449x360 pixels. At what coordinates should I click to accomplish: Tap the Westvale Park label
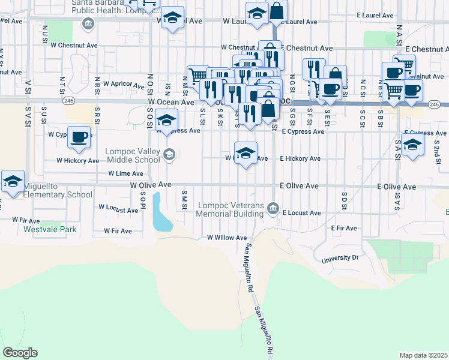[50, 229]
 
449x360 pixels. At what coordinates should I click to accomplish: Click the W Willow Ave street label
[227, 238]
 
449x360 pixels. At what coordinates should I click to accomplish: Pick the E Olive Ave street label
[298, 187]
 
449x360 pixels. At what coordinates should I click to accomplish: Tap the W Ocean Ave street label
[171, 103]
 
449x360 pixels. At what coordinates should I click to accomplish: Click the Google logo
[20, 352]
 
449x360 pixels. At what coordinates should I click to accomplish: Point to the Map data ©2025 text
[423, 355]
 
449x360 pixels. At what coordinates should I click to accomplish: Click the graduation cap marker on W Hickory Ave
[246, 154]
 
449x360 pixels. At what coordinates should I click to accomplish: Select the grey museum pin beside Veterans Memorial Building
[274, 208]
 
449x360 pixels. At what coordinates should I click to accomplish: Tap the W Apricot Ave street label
[125, 84]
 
